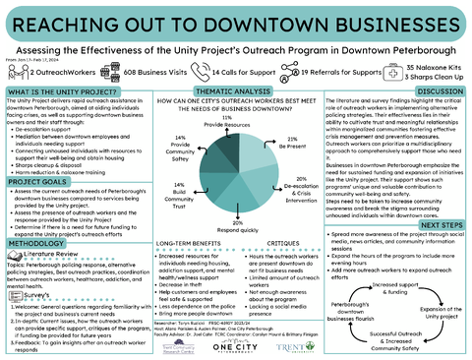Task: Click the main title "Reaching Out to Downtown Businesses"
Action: (236, 22)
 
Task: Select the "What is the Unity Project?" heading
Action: (61, 90)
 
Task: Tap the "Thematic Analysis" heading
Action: (236, 90)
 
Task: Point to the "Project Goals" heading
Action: (39, 182)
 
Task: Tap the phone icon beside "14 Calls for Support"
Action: (192, 72)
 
